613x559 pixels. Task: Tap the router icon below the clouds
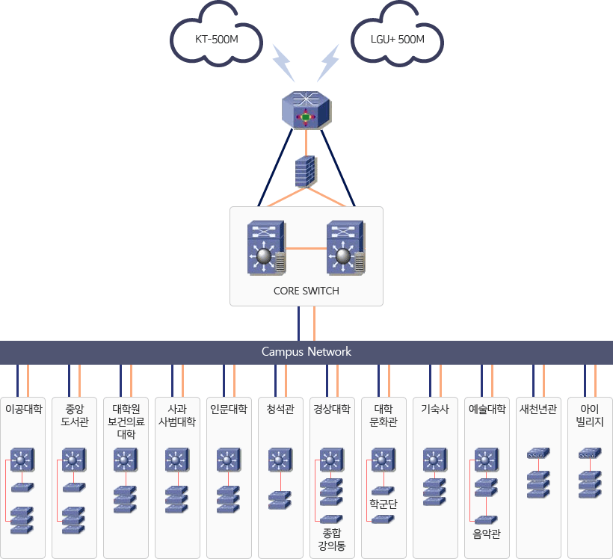tap(306, 111)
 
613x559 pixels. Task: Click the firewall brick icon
tap(305, 171)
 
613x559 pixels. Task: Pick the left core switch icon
tap(267, 247)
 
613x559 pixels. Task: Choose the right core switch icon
tap(345, 247)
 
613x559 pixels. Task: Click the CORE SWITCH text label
tap(306, 291)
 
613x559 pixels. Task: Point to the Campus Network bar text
tap(306, 351)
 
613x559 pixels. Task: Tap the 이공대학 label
tap(23, 409)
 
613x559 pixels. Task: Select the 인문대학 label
tap(229, 409)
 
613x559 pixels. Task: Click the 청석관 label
tap(280, 409)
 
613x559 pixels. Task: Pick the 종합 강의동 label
tap(332, 540)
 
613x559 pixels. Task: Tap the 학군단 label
tap(383, 504)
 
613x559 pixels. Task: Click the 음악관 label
tap(486, 534)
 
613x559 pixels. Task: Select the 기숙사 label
tap(434, 409)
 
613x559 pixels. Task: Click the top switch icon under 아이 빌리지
tap(589, 454)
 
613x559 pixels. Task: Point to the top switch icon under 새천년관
tap(537, 454)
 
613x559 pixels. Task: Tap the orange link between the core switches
tap(306, 247)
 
